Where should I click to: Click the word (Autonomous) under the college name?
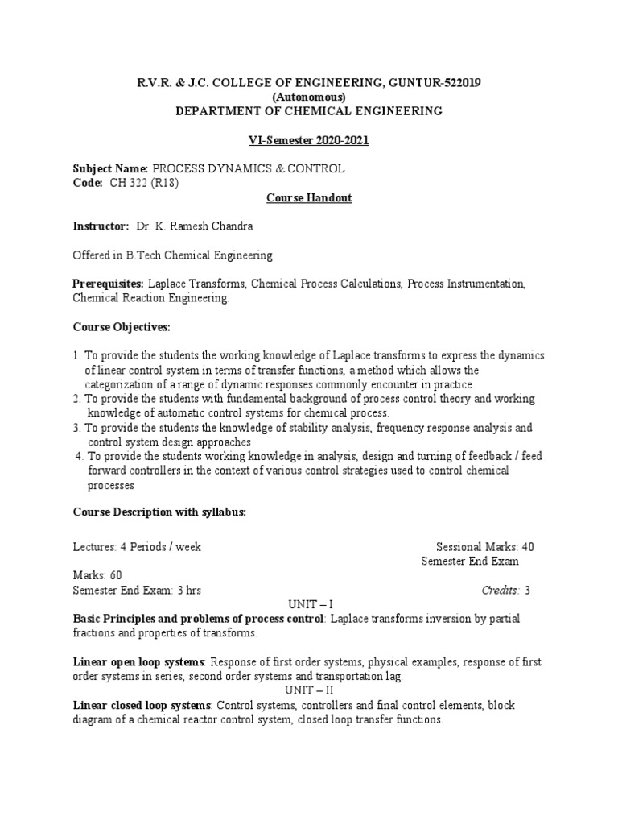[309, 97]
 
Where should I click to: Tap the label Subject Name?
[110, 168]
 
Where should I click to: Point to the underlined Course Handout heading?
[309, 197]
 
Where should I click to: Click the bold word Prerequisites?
[109, 284]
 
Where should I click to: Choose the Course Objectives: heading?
[122, 327]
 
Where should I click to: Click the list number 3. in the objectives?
[77, 428]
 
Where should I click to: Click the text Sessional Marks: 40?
[484, 547]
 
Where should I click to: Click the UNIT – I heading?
[310, 604]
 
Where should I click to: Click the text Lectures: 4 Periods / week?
[137, 547]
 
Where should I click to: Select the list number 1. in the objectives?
[77, 355]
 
